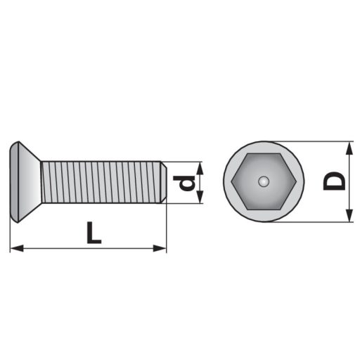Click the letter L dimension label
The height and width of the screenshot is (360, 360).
tap(94, 233)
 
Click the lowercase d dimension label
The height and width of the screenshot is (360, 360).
tap(184, 183)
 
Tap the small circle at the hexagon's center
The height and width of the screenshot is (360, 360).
tap(264, 181)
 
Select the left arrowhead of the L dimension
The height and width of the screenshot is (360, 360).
tap(17, 248)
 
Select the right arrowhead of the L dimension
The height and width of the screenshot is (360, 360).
tap(160, 248)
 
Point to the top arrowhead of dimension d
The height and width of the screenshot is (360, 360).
tap(200, 168)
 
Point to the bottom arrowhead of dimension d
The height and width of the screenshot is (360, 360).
tap(200, 197)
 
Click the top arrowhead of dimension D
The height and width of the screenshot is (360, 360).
tap(349, 148)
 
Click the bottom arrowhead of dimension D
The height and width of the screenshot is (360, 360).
tap(349, 215)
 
